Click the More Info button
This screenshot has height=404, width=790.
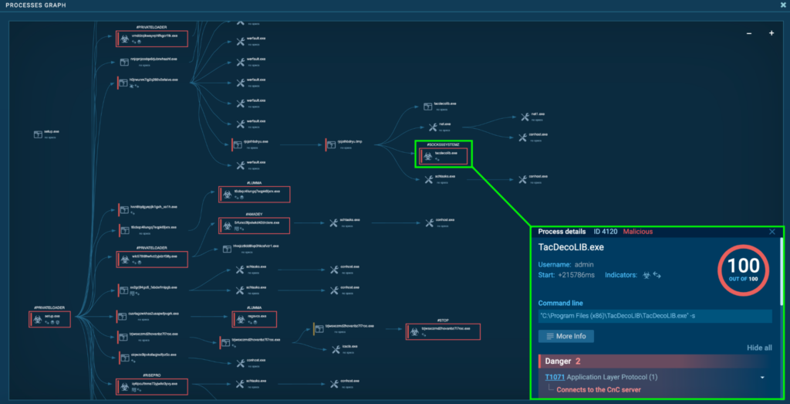click(566, 336)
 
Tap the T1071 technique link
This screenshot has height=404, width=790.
click(554, 377)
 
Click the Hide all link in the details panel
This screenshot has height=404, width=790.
click(759, 348)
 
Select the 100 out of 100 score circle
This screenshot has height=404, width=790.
click(743, 270)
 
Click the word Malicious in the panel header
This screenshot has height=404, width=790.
click(637, 232)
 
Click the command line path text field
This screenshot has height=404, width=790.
click(655, 316)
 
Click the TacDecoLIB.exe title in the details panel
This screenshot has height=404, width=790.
click(571, 247)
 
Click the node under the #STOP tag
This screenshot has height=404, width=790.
click(442, 331)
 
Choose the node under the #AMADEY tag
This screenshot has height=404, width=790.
click(255, 225)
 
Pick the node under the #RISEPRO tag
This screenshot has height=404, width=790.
click(151, 384)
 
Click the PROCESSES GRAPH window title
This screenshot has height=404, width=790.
click(35, 5)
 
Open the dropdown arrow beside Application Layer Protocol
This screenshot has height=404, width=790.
click(762, 377)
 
